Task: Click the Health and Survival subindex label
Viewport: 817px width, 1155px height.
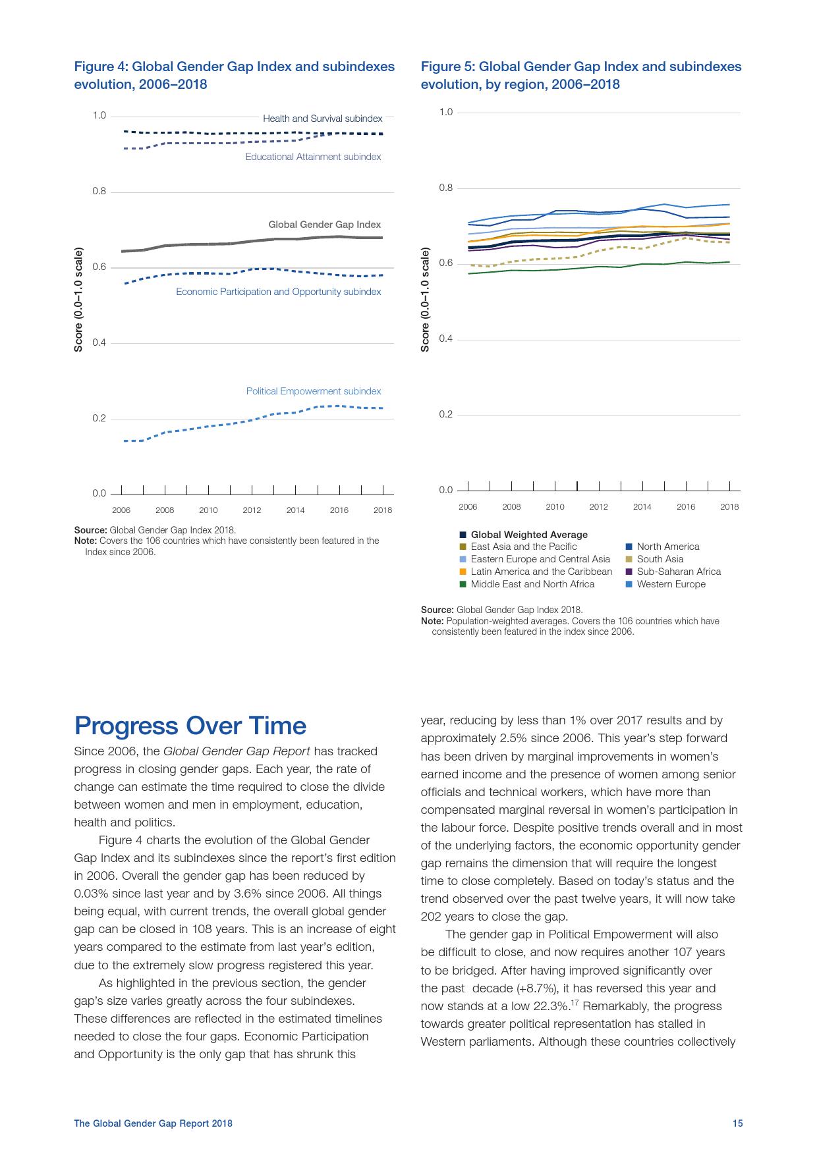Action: click(322, 119)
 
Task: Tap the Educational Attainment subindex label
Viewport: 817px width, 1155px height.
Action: click(313, 157)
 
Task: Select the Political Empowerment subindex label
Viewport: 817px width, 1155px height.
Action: click(314, 391)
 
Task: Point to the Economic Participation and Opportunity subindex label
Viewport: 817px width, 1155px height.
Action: click(278, 292)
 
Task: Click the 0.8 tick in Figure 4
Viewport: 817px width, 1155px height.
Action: click(99, 192)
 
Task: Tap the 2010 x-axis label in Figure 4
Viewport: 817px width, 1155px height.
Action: click(208, 510)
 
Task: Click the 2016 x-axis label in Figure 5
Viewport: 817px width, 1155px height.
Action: click(686, 506)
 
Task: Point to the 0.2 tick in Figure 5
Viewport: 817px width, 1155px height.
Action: click(445, 414)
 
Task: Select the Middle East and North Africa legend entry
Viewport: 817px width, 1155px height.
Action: click(532, 584)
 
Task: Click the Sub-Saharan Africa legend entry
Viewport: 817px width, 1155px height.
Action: click(678, 572)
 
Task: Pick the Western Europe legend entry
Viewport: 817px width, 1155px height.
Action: click(670, 584)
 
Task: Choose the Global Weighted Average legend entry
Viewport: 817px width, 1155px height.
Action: click(528, 535)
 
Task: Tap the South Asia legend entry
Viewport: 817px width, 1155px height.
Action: click(660, 559)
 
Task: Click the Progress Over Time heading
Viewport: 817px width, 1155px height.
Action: click(190, 726)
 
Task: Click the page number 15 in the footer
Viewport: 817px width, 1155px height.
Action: click(737, 1123)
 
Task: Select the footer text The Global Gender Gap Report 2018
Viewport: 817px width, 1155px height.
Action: click(153, 1123)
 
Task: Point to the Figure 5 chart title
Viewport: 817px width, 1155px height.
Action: click(580, 75)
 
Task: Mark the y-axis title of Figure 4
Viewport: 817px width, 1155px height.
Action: click(78, 299)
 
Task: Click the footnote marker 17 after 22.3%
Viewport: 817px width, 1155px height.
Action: click(575, 1003)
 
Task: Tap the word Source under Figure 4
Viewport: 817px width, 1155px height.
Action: click(90, 530)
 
